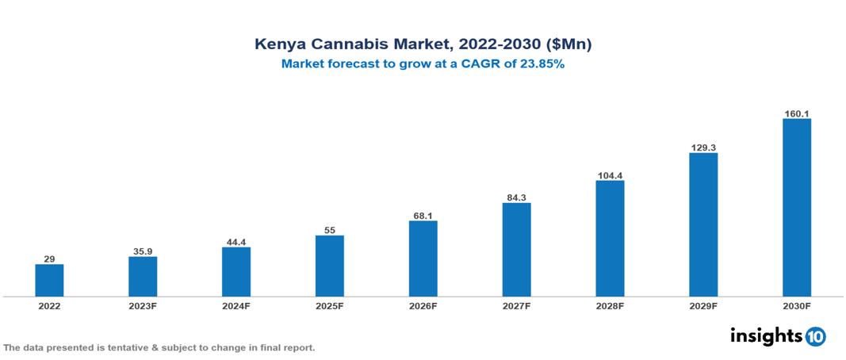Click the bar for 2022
[x=49, y=280]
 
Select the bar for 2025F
[x=329, y=266]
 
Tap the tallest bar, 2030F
[x=796, y=208]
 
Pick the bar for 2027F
[x=516, y=250]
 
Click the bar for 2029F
[x=703, y=224]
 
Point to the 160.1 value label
[x=796, y=113]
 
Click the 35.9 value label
[x=143, y=251]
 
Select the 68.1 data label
[x=423, y=216]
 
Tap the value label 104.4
[x=610, y=175]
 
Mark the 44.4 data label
[x=236, y=242]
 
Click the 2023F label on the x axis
[x=143, y=306]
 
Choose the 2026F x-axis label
[x=423, y=306]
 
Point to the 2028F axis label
[x=610, y=306]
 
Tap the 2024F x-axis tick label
[x=236, y=306]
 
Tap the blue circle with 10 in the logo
[x=815, y=337]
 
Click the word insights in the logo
[x=766, y=336]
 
